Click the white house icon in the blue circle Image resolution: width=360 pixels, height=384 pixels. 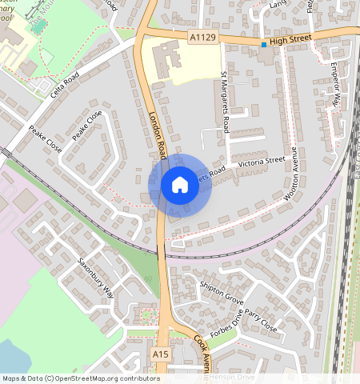tap(180, 185)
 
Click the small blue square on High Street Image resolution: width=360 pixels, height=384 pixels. tap(264, 45)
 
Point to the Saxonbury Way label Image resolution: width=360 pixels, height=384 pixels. tap(97, 278)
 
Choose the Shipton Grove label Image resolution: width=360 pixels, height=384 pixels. tap(222, 294)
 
